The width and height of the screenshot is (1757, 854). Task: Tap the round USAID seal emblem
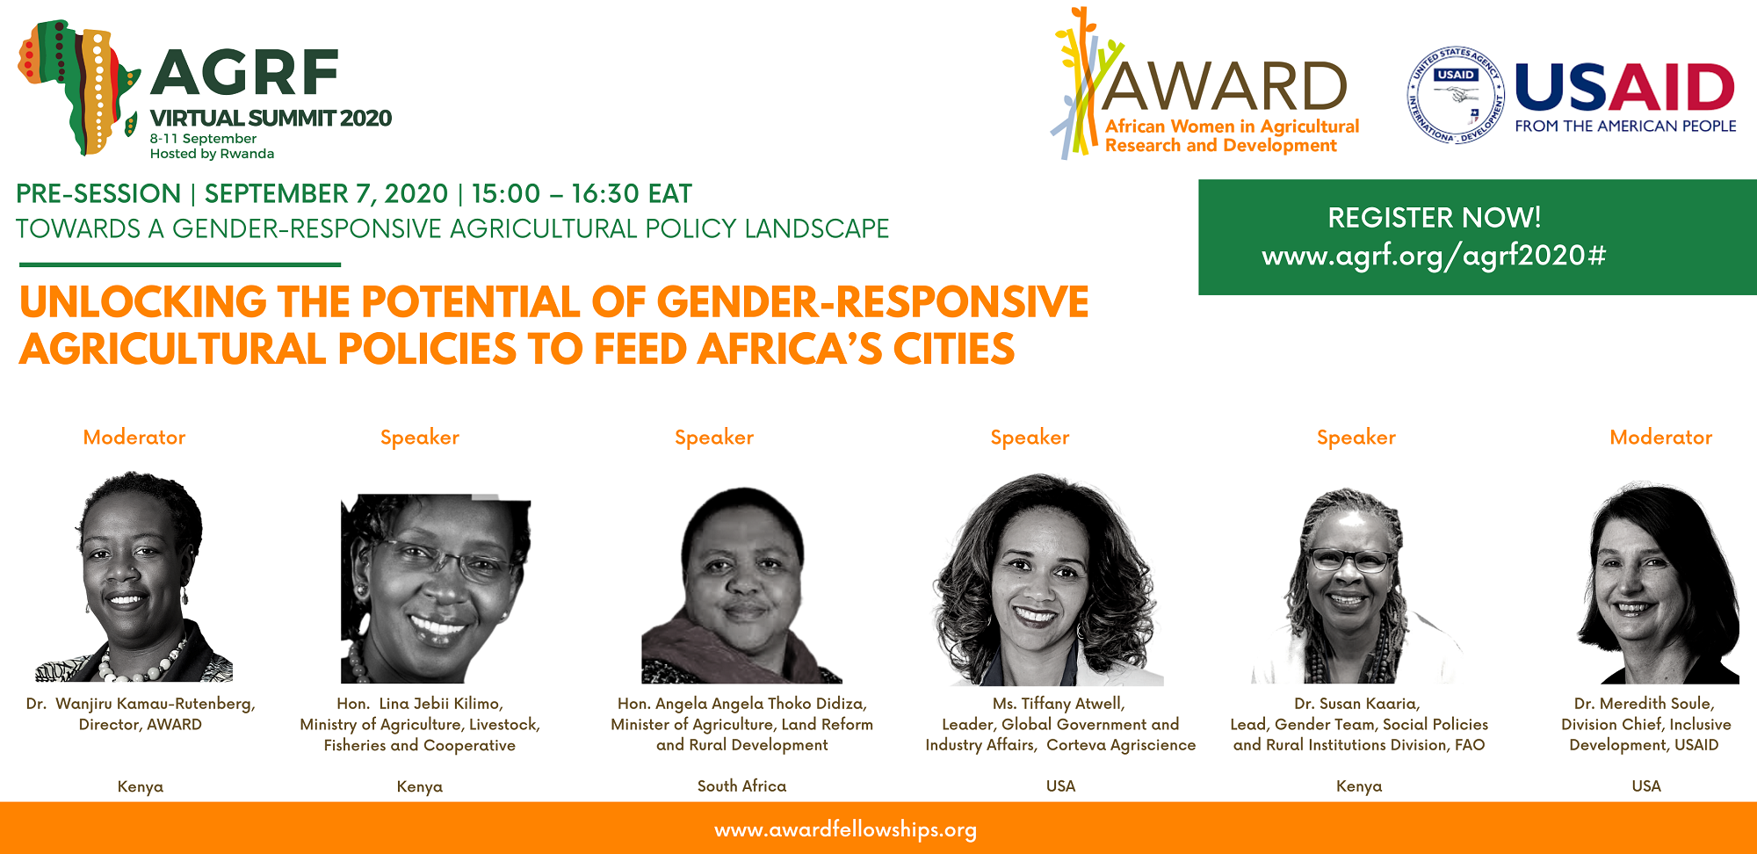point(1456,95)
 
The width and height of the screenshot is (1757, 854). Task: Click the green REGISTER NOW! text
point(1434,217)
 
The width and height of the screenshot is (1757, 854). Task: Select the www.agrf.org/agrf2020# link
point(1434,256)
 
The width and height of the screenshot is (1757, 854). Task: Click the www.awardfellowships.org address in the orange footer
point(845,830)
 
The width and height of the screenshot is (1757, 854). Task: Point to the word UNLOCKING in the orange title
point(143,302)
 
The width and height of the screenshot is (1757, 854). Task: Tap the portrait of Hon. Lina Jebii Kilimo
point(436,589)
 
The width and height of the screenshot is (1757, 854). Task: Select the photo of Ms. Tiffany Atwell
point(1045,580)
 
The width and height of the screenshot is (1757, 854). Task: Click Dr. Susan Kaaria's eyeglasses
point(1349,559)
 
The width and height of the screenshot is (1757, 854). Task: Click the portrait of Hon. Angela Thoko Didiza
point(742,585)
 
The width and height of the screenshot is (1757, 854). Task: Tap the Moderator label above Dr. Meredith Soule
point(1660,438)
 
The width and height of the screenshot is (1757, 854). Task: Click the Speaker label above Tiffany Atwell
point(1030,438)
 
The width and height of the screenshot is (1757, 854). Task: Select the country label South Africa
point(741,786)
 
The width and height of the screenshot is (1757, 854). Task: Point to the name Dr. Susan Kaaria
point(1356,704)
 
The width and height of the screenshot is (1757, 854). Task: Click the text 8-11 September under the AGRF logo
point(203,139)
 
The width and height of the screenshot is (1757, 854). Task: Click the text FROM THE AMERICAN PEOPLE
point(1625,127)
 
